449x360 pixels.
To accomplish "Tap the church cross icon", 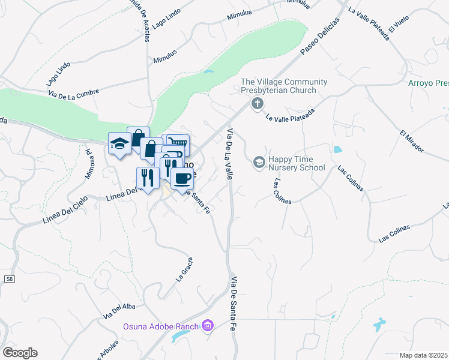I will (257, 104).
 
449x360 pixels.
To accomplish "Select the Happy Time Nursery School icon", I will (259, 162).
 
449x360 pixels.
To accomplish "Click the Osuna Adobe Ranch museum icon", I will (208, 326).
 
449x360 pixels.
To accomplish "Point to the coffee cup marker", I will (182, 177).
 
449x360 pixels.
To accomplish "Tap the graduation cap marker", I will (119, 143).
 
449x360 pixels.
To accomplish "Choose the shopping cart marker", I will (178, 144).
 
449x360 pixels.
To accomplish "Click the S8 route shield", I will (9, 279).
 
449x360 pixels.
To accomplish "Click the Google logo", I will (20, 352).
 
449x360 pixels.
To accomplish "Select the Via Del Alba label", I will (119, 310).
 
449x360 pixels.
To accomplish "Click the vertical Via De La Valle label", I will (229, 154).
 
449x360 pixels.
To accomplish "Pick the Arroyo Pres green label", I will (428, 83).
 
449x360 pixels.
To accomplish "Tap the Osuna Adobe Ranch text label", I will (161, 326).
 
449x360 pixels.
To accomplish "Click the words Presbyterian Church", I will (278, 91).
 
